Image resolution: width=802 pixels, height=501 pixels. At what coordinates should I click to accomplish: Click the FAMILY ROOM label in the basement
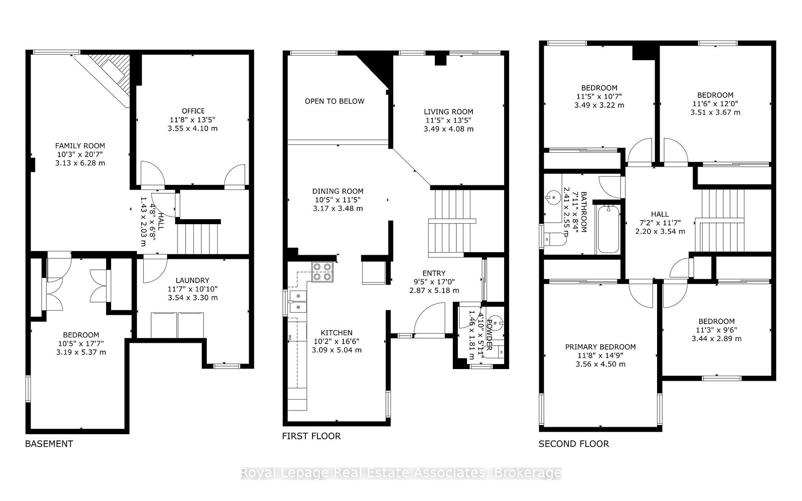point(80,146)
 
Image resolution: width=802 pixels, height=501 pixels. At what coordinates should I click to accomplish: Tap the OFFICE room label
point(193,111)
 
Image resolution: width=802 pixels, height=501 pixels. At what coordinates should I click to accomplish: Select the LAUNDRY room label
point(192,281)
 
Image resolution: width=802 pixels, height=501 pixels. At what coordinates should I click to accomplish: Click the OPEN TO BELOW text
point(334,101)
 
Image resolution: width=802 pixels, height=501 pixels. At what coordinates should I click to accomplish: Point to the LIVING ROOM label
point(448,112)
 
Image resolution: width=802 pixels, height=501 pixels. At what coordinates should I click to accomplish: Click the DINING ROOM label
point(338,191)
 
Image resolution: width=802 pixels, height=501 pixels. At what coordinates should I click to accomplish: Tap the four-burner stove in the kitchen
point(322,271)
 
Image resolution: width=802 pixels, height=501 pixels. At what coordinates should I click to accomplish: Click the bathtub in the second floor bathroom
point(608,229)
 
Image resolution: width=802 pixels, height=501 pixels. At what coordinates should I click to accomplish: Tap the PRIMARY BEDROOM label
point(600,347)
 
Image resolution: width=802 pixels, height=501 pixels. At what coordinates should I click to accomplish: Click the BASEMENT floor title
point(49,444)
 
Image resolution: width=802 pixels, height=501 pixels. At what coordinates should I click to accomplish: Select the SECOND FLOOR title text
point(574,444)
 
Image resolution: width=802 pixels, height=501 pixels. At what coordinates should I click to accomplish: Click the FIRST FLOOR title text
point(311,436)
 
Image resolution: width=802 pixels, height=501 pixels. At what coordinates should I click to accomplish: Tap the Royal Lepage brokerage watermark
point(401,473)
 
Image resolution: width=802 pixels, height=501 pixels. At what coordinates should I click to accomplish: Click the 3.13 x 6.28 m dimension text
point(80,163)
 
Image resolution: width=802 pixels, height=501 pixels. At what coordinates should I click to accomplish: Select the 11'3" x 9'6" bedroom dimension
point(716,330)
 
